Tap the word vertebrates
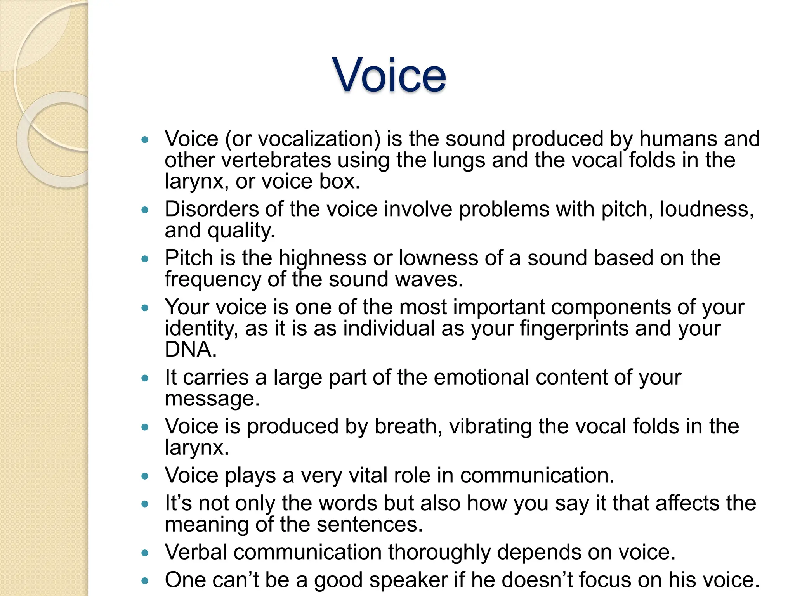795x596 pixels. click(277, 160)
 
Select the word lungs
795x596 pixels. click(458, 160)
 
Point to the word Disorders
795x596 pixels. click(212, 209)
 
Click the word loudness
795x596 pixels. click(706, 209)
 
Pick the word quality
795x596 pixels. click(241, 231)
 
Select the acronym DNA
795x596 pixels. click(190, 349)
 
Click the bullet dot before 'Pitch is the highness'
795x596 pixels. click(145, 259)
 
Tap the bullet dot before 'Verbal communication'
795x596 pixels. click(145, 553)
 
